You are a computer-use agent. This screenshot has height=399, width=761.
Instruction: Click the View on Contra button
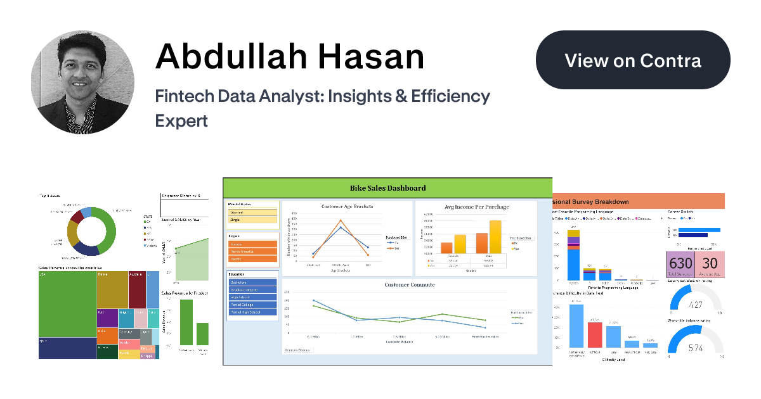633,60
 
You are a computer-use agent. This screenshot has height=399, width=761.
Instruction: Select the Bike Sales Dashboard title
387,187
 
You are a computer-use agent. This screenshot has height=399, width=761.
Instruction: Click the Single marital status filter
253,220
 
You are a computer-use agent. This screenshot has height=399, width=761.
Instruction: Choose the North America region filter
253,251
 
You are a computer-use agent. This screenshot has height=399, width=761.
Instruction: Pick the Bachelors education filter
253,282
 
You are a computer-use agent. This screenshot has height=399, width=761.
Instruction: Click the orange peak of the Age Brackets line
341,221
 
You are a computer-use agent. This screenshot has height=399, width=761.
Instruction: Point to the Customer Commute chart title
410,285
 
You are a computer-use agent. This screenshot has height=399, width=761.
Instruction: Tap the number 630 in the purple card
680,263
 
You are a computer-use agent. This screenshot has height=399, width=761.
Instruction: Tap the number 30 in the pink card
710,263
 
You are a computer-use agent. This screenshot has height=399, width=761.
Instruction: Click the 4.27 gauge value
696,305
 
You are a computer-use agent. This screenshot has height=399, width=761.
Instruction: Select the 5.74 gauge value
696,348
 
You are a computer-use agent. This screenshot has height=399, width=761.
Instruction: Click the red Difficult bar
595,334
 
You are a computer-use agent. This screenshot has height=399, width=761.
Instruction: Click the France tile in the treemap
112,289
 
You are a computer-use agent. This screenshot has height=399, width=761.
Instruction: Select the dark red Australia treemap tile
137,289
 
